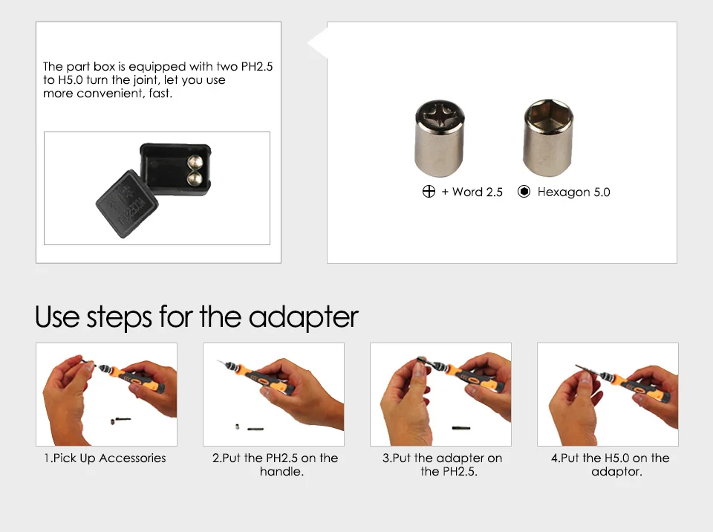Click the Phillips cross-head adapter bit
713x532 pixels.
coord(439,138)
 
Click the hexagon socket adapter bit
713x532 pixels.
coord(548,137)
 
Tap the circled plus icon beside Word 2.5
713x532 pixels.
coord(429,192)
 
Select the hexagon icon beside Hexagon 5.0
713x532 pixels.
coord(524,192)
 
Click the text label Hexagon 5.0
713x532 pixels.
coord(573,192)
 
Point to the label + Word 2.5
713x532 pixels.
coord(472,192)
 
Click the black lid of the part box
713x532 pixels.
coord(127,204)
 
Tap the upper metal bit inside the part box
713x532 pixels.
coord(195,162)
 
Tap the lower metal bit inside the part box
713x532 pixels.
coord(195,178)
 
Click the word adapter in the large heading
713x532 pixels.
coord(303,317)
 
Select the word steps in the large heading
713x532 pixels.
coord(119,317)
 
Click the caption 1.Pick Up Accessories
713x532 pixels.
coord(105,458)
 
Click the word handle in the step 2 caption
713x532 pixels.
coord(281,472)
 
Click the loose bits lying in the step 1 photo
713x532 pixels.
coord(120,421)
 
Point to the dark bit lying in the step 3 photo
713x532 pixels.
coord(461,428)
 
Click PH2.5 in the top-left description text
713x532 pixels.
coord(257,66)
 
